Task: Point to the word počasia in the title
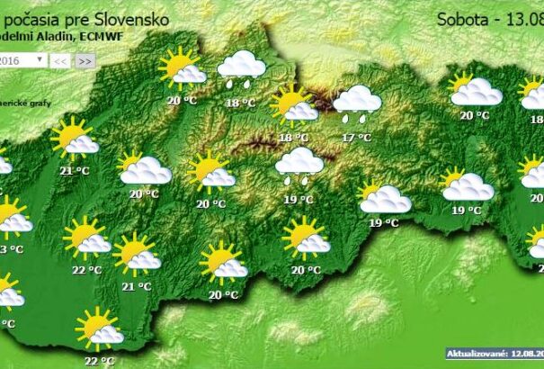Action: click(32, 17)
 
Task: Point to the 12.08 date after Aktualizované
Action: click(528, 355)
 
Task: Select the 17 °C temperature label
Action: click(357, 138)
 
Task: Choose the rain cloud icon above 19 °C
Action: click(299, 164)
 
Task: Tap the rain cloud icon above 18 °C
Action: click(241, 68)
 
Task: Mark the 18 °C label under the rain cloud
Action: click(240, 103)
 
